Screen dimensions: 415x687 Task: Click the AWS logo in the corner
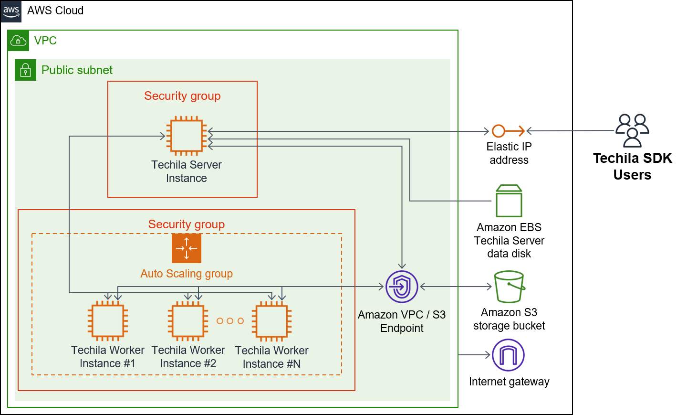pyautogui.click(x=11, y=11)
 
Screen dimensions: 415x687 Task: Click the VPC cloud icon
pyautogui.click(x=18, y=41)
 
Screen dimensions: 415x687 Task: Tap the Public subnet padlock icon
pyautogui.click(x=25, y=70)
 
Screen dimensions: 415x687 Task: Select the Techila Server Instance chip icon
pyautogui.click(x=187, y=136)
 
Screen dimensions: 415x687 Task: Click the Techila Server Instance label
pyautogui.click(x=187, y=171)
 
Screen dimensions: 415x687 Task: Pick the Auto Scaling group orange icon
pyautogui.click(x=187, y=248)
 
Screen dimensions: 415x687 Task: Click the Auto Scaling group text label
pyautogui.click(x=187, y=274)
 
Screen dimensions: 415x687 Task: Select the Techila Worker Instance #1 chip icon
pyautogui.click(x=108, y=321)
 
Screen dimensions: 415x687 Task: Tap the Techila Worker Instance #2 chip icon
pyautogui.click(x=188, y=321)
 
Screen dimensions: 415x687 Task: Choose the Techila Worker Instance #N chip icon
pyautogui.click(x=271, y=321)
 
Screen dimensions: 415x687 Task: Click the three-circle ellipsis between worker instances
pyautogui.click(x=230, y=321)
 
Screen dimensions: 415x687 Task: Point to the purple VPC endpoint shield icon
pyautogui.click(x=402, y=287)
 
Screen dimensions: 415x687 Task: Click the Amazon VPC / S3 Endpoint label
pyautogui.click(x=402, y=321)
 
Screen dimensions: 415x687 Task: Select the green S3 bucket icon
pyautogui.click(x=509, y=287)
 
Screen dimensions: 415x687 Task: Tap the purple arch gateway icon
pyautogui.click(x=508, y=355)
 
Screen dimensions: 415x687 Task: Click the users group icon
pyautogui.click(x=632, y=130)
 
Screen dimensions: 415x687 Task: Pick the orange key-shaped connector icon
pyautogui.click(x=508, y=131)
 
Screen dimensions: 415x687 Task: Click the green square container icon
pyautogui.click(x=509, y=201)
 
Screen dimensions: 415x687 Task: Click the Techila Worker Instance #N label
pyautogui.click(x=271, y=357)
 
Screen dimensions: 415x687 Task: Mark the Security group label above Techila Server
pyautogui.click(x=182, y=96)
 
